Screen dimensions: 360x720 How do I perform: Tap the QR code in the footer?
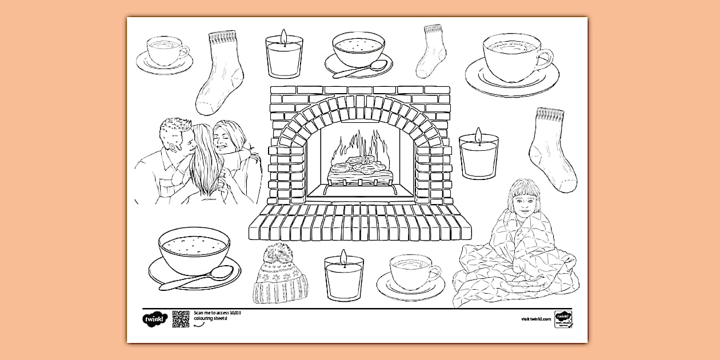point(181,319)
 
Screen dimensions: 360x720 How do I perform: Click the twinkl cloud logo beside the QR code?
point(154,319)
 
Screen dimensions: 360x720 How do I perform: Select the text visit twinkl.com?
point(535,319)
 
